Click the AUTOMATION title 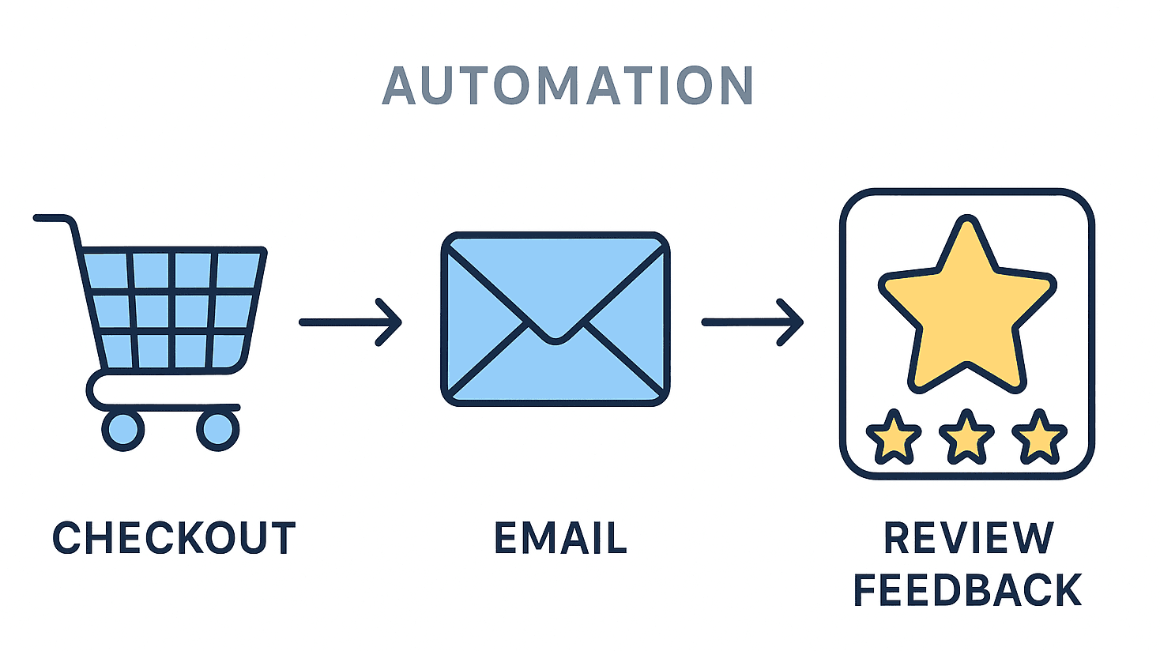point(567,86)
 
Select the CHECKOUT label point(174,539)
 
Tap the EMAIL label point(560,539)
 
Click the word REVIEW point(968,539)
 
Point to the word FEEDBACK point(967,590)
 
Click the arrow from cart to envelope point(350,322)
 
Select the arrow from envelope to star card point(752,322)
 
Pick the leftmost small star point(894,437)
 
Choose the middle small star point(966,437)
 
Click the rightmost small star point(1039,437)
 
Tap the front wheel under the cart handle point(123,430)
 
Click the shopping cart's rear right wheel point(217,430)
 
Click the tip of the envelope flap point(556,340)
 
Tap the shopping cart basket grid point(172,310)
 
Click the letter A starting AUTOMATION point(399,86)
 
